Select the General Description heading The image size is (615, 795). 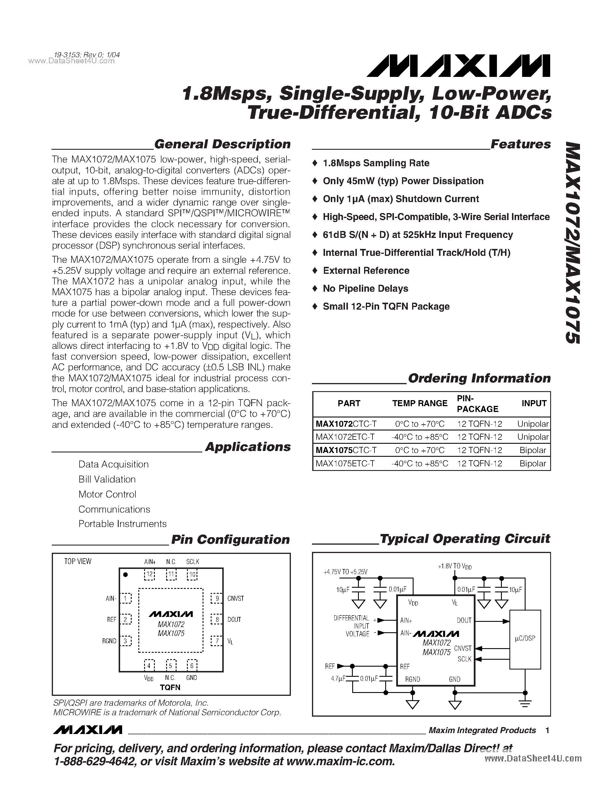click(222, 144)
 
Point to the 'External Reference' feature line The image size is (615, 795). click(366, 271)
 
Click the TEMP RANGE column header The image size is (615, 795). click(420, 403)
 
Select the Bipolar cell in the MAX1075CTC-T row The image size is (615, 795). click(533, 450)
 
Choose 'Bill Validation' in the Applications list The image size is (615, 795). click(107, 479)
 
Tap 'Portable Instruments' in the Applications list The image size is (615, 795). click(122, 524)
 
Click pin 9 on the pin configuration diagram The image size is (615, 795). click(217, 598)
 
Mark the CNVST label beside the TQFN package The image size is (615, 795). click(235, 598)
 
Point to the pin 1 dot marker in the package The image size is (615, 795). click(125, 575)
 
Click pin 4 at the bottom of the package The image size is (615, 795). click(149, 666)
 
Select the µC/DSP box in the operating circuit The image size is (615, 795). click(525, 639)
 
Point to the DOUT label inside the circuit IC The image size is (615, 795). click(464, 620)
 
